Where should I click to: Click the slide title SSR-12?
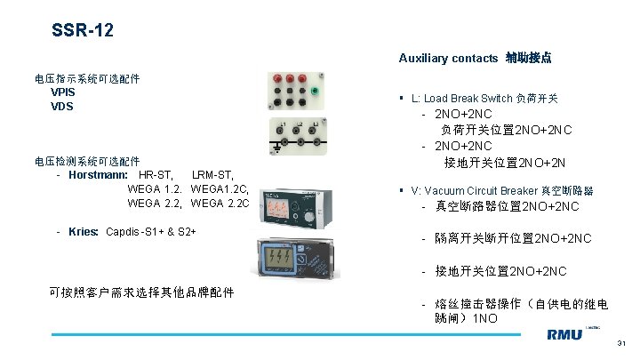tap(82, 32)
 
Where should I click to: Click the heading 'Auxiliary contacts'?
tap(448, 58)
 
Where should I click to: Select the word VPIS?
tap(63, 92)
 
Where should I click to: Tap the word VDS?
tap(62, 107)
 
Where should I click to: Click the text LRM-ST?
tap(213, 174)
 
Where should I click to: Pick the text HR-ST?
tap(156, 174)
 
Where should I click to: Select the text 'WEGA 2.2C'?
tap(220, 204)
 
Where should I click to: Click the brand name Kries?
tap(83, 232)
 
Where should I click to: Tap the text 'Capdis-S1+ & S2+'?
tap(150, 232)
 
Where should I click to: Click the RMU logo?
tap(564, 335)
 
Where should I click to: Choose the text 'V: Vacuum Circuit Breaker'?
tap(473, 191)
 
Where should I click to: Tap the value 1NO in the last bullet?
tap(485, 317)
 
